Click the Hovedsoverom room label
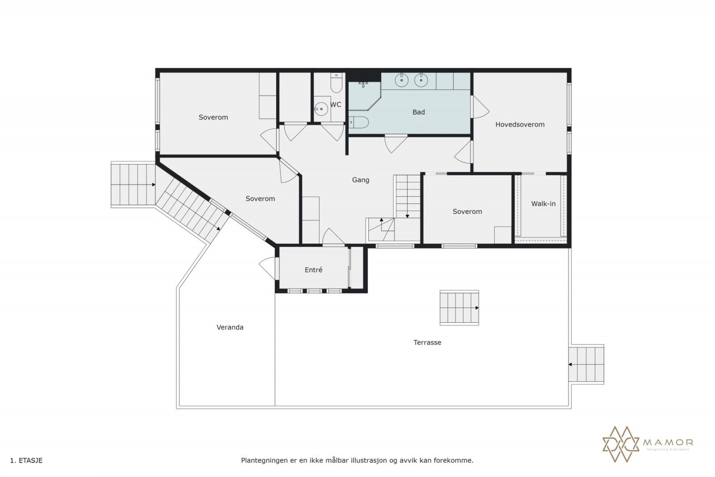[x=520, y=125]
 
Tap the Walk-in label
[x=543, y=204]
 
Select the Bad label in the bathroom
[x=418, y=112]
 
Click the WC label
[x=336, y=105]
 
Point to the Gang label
[x=361, y=180]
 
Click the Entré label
[x=313, y=270]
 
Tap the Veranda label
[x=230, y=327]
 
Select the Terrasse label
[x=427, y=342]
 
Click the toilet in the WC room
[x=336, y=84]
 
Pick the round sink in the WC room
[x=320, y=109]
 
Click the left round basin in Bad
[x=401, y=80]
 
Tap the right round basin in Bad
[x=421, y=80]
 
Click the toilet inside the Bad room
[x=358, y=122]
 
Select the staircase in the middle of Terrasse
[x=459, y=308]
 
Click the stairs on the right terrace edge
[x=586, y=364]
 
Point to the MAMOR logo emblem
[x=621, y=444]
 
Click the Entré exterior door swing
[x=268, y=269]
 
